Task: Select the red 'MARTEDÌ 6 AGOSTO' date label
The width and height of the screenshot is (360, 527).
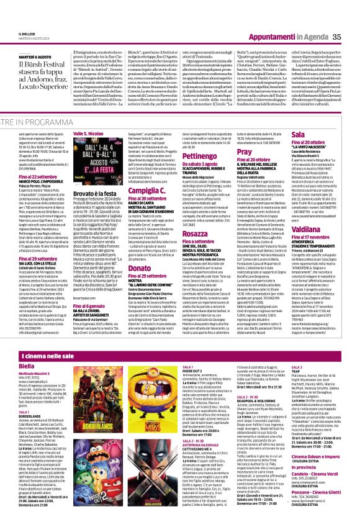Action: point(23,56)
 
